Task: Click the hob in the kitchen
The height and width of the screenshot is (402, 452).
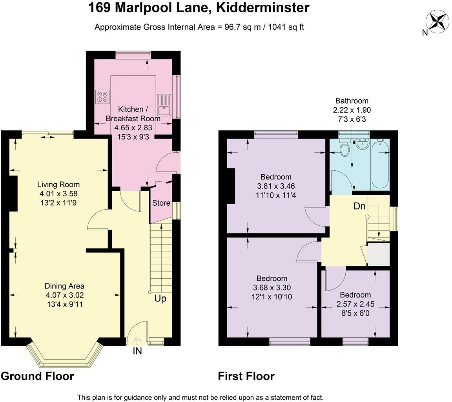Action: [103, 97]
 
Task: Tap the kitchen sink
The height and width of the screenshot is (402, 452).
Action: [164, 105]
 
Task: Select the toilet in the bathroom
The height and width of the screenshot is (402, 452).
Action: [344, 147]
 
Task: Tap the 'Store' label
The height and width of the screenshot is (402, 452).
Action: [161, 203]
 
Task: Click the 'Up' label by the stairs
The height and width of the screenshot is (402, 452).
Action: [160, 299]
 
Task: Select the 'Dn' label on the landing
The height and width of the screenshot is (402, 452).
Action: [359, 206]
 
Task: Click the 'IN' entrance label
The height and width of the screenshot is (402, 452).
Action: [137, 351]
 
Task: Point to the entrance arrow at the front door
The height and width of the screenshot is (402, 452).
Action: [137, 341]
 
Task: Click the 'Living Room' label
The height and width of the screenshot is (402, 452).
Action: [58, 185]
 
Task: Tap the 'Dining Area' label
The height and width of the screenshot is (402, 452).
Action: [65, 286]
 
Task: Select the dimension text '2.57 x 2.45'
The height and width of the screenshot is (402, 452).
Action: [355, 304]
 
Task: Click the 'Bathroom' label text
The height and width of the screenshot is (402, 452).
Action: [352, 101]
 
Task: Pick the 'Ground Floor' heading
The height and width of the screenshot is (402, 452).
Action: [38, 376]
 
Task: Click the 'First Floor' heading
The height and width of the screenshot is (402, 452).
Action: [246, 376]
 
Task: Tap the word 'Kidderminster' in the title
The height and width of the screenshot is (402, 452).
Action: [262, 8]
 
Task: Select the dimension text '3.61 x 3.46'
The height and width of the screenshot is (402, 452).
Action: [276, 186]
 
